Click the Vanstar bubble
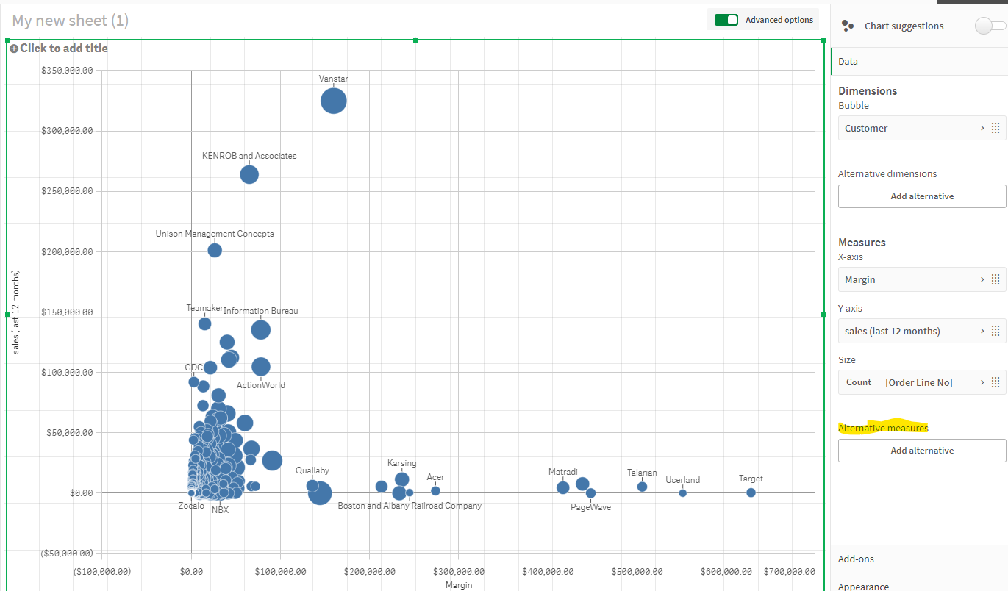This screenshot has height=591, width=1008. pyautogui.click(x=334, y=101)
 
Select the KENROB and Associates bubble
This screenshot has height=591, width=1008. pyautogui.click(x=249, y=174)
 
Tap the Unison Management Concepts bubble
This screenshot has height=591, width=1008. pyautogui.click(x=215, y=250)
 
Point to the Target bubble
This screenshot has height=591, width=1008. pyautogui.click(x=751, y=492)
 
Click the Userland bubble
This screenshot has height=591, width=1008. pyautogui.click(x=682, y=493)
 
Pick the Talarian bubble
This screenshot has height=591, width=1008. pyautogui.click(x=642, y=487)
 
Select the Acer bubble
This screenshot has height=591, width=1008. pyautogui.click(x=435, y=490)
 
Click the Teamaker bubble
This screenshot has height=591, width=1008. pyautogui.click(x=204, y=323)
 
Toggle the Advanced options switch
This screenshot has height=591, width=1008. pyautogui.click(x=726, y=20)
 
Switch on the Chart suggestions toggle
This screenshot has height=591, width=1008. pyautogui.click(x=989, y=26)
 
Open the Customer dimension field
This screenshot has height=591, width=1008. pyautogui.click(x=912, y=128)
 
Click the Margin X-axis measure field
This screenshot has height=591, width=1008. pyautogui.click(x=912, y=279)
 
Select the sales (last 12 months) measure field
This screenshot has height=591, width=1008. pyautogui.click(x=912, y=331)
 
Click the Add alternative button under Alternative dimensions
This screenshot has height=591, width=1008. pyautogui.click(x=922, y=196)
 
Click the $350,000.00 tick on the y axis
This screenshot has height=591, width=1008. pyautogui.click(x=66, y=71)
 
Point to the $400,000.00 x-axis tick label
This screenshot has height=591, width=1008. pyautogui.click(x=547, y=571)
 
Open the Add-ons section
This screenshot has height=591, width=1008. pyautogui.click(x=857, y=559)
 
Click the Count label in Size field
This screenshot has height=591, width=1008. pyautogui.click(x=858, y=382)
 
